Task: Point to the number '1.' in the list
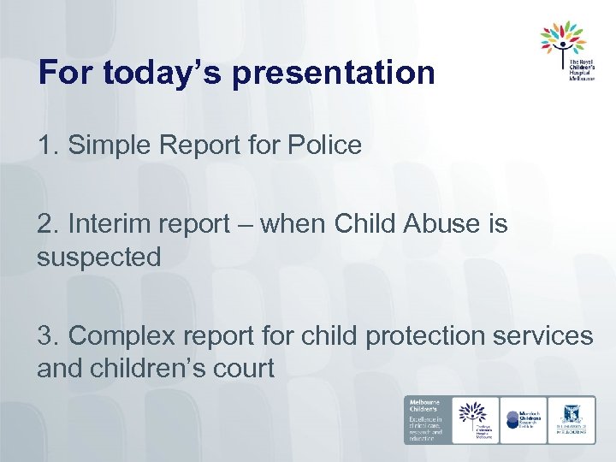click(x=48, y=145)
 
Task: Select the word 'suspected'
click(x=99, y=257)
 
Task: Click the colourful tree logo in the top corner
click(x=562, y=39)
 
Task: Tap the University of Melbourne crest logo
click(x=572, y=419)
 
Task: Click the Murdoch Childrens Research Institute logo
click(x=523, y=419)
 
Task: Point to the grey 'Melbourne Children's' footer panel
click(x=426, y=419)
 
